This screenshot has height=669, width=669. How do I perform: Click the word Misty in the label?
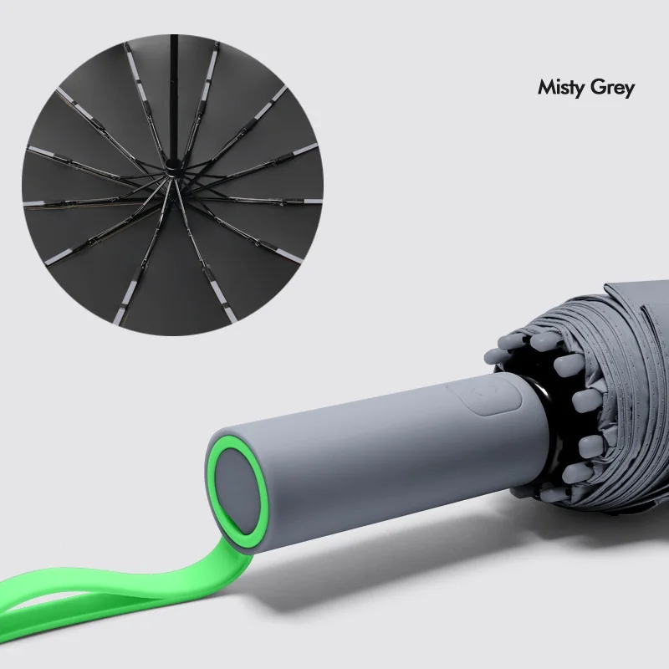[x=559, y=88]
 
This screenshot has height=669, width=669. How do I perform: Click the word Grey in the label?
[x=612, y=89]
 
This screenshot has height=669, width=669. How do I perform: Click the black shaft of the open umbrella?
[x=173, y=98]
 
